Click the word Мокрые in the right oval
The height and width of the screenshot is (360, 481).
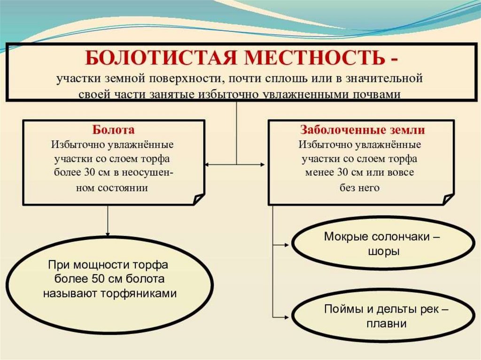(345, 237)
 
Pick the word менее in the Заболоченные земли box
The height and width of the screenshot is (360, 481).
(319, 173)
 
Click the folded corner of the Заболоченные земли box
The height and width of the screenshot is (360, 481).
(448, 199)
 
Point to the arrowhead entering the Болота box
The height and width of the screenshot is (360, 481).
(208, 165)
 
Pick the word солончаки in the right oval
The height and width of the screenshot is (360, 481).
(399, 237)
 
